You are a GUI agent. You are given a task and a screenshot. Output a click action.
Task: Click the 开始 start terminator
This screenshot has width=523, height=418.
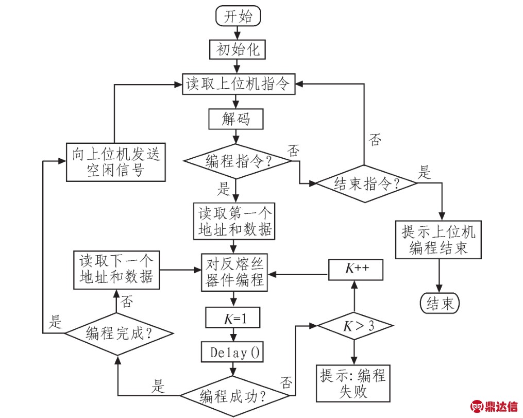[x=238, y=16]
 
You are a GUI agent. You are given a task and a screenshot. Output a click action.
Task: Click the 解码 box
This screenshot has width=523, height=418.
[x=236, y=119]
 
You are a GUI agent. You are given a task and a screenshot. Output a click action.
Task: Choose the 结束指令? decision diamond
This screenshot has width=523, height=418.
[x=366, y=183]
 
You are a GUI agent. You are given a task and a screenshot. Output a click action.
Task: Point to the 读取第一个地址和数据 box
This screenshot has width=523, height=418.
[x=235, y=222]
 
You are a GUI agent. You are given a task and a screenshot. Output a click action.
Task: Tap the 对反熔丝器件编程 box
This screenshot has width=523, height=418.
[x=235, y=273]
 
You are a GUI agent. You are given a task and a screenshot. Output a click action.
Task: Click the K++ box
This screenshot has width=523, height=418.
[x=356, y=270]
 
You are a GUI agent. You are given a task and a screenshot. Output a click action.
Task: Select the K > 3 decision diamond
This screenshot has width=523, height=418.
[x=355, y=326]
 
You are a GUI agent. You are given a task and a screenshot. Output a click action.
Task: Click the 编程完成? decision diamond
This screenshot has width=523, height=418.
[x=117, y=333]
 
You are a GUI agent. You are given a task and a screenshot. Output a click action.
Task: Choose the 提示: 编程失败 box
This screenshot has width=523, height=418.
[x=352, y=384]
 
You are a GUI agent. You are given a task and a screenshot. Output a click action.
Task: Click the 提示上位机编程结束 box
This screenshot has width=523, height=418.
[x=439, y=239]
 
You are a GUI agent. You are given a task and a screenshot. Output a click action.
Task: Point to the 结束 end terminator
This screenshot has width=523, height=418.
[x=440, y=304]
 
